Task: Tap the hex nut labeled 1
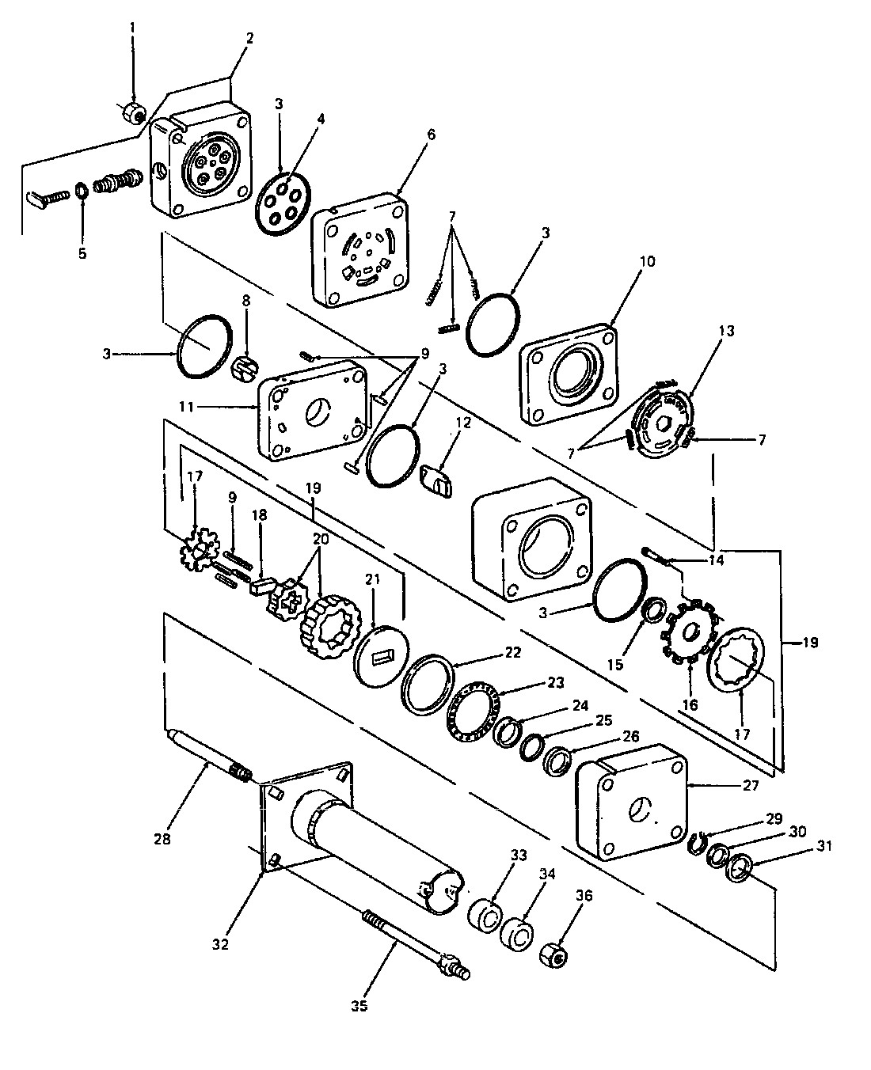tap(134, 116)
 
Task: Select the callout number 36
tap(584, 896)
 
